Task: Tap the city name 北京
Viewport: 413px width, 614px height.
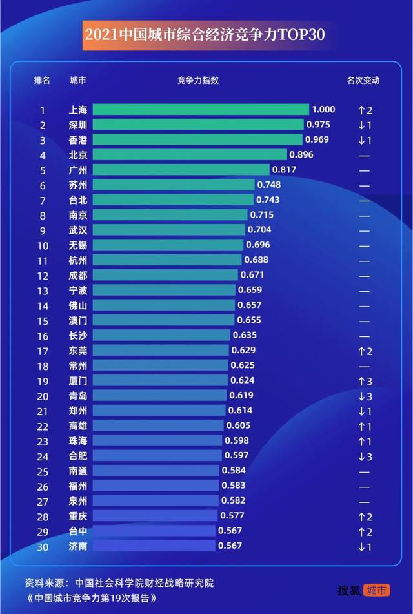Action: [x=77, y=155]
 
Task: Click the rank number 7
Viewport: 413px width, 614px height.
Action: [x=43, y=200]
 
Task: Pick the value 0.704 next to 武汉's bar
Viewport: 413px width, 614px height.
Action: [x=259, y=230]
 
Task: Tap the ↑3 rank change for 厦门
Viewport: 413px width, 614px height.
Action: [x=365, y=381]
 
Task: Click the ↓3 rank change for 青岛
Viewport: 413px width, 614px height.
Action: [x=365, y=396]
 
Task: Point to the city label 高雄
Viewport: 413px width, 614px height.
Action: [x=77, y=426]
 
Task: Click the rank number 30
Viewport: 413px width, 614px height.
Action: [x=43, y=546]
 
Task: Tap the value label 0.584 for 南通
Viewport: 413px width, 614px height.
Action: [x=234, y=471]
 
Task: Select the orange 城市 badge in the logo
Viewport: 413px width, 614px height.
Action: [x=376, y=589]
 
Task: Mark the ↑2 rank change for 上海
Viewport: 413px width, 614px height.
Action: [x=365, y=110]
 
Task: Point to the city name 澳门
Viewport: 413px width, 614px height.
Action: [x=77, y=320]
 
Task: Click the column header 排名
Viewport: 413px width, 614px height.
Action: [x=42, y=81]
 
